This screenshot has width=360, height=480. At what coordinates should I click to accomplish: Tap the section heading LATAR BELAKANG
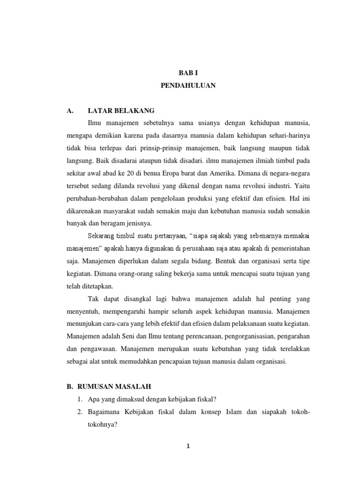click(121, 111)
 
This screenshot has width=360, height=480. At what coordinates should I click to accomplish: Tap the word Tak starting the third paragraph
click(93, 299)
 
